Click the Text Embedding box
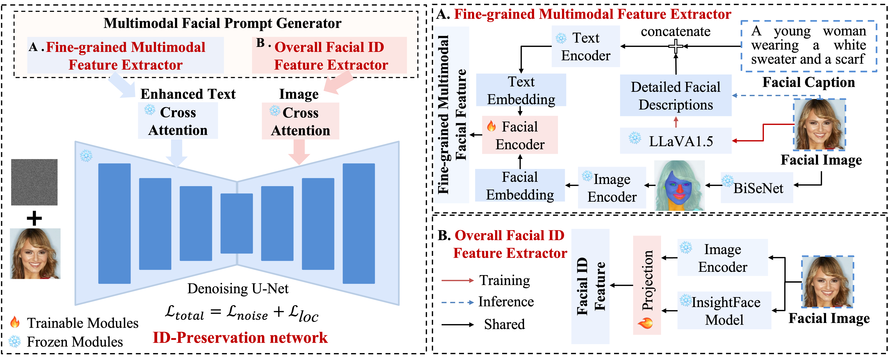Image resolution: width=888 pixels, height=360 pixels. (521, 90)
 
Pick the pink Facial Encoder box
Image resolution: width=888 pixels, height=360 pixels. (520, 135)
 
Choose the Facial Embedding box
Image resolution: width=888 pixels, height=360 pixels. (520, 186)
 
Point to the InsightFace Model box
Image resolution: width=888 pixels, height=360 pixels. (724, 310)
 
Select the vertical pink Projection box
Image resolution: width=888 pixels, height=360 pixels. (647, 285)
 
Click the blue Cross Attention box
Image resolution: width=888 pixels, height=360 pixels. (178, 121)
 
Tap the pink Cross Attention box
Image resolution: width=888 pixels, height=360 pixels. (300, 121)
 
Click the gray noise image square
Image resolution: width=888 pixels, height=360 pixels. (34, 182)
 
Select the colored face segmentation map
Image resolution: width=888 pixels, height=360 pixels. (679, 186)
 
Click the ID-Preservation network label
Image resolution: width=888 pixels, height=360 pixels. (240, 337)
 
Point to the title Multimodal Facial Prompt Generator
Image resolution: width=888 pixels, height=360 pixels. (222, 23)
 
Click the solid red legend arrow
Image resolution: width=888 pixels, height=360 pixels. (458, 280)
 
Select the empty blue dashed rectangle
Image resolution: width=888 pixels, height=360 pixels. (809, 46)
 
